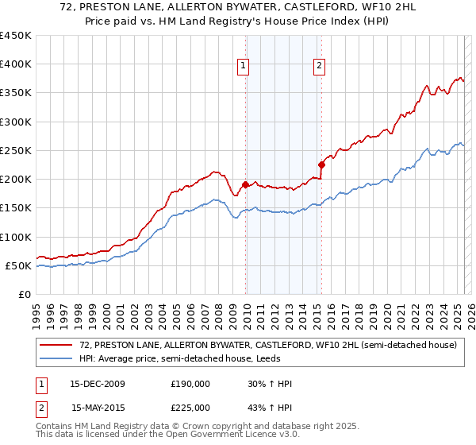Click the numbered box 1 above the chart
242,66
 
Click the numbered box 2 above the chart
319,66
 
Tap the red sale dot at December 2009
245,185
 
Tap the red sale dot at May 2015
321,165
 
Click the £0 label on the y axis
25,294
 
